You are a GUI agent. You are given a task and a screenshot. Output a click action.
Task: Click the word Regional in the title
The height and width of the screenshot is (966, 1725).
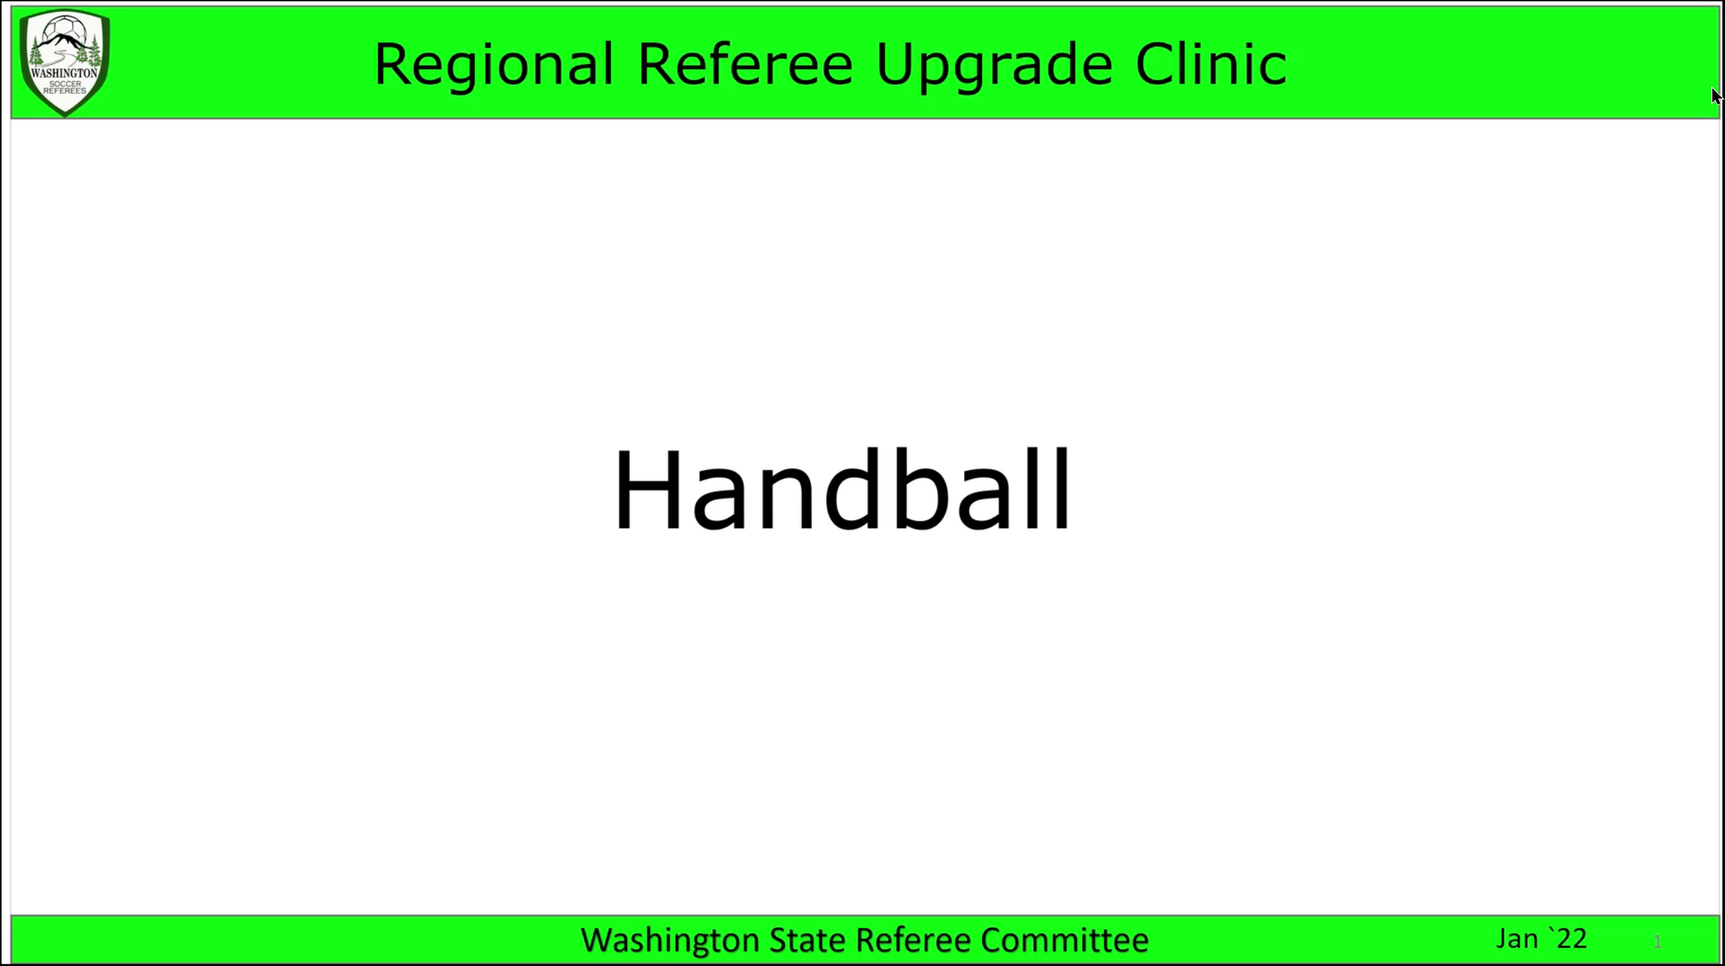coord(494,65)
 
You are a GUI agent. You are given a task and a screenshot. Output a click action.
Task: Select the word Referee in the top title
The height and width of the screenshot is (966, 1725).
coord(745,64)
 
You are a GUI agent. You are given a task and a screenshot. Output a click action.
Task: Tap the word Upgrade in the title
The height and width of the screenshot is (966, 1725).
coord(994,66)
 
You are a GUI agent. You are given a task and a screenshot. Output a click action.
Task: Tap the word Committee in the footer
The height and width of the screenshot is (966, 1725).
coord(1064,939)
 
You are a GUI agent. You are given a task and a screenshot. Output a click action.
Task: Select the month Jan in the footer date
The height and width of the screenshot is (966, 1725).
coord(1517,939)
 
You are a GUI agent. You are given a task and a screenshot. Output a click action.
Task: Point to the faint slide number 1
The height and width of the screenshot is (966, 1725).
coord(1658,942)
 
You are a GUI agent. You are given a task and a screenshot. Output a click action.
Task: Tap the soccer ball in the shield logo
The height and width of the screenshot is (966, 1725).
coord(64,32)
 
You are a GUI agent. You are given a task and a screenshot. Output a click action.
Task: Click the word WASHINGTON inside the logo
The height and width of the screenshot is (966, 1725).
coord(64,72)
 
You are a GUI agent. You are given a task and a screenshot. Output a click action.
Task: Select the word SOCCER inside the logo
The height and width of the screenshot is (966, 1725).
coord(65,84)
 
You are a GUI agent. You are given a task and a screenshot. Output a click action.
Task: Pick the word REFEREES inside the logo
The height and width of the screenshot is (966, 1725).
coord(65,91)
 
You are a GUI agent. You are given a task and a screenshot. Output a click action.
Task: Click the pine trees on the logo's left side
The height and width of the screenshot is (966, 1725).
coord(37,52)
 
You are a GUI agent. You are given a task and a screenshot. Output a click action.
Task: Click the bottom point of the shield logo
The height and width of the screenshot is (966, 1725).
coord(65,116)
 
